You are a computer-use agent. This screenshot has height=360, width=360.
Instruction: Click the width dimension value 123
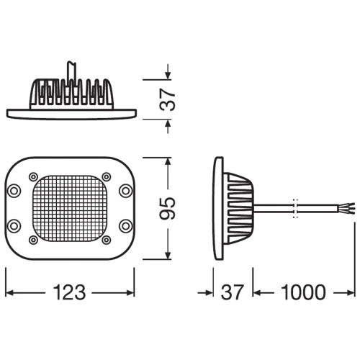click(69, 292)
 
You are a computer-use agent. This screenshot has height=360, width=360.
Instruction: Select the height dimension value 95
click(168, 208)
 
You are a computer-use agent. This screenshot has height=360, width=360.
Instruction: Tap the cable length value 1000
click(303, 292)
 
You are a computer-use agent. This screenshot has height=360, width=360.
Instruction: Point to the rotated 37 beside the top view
click(168, 99)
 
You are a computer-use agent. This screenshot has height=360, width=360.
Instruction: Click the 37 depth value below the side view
click(233, 292)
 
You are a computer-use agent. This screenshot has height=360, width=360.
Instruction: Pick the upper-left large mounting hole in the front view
click(14, 191)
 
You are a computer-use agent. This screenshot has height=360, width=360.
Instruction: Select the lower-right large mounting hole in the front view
click(126, 226)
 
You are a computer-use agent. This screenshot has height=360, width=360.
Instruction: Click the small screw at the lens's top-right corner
click(107, 177)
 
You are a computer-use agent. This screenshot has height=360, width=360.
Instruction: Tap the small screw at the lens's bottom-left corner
click(33, 240)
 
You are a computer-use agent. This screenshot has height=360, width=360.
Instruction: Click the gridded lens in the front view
click(70, 208)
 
